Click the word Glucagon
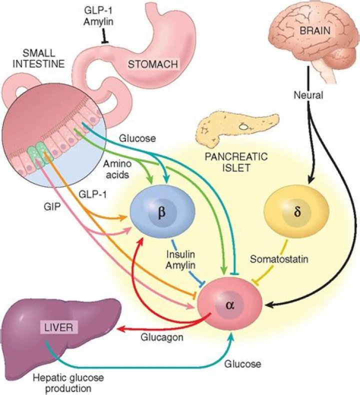(165, 337)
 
